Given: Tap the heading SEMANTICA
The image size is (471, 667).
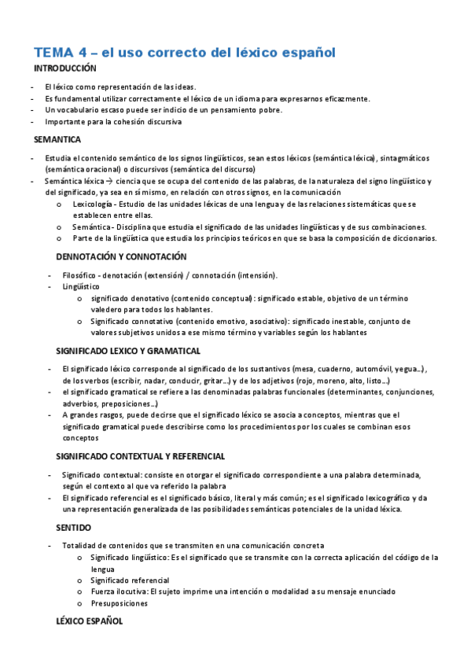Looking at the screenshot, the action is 57,139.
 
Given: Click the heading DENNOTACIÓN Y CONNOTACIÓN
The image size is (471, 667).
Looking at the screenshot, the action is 121,256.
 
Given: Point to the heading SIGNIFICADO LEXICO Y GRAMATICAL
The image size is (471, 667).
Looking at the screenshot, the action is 128,350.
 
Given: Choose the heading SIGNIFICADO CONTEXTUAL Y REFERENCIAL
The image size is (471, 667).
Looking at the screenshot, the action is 141,456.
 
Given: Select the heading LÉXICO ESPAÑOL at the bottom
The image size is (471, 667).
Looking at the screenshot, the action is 90,621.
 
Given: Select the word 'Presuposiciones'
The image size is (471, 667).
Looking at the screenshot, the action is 119,603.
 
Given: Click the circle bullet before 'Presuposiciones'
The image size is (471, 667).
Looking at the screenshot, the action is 81,603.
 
